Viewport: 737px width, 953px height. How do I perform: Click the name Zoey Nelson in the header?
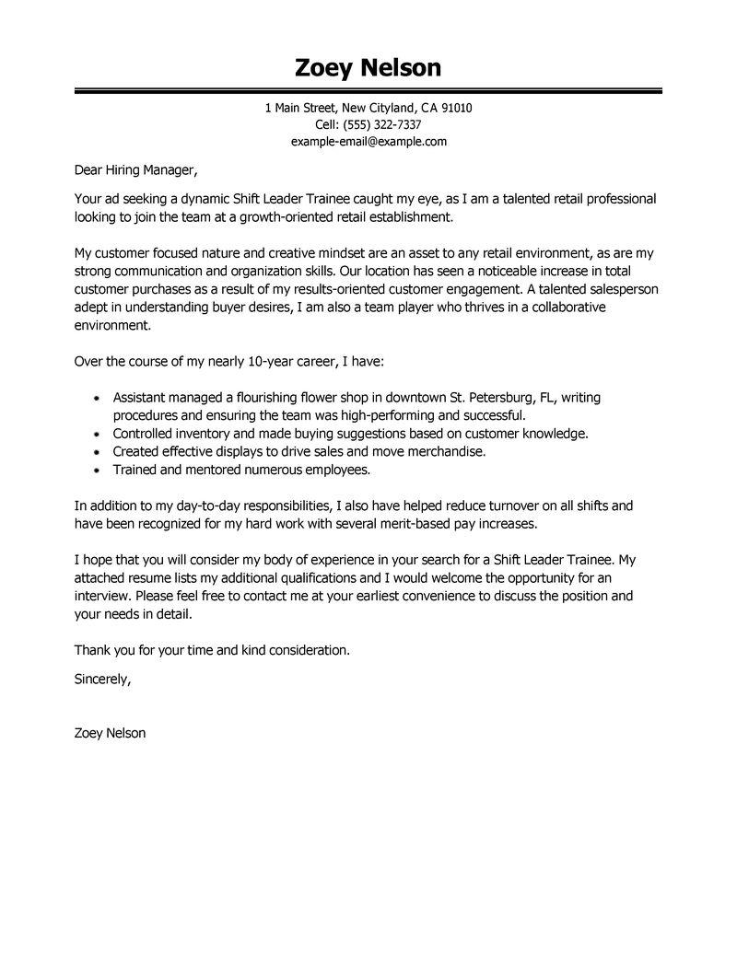pyautogui.click(x=368, y=67)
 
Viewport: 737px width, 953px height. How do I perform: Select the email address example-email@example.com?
pyautogui.click(x=368, y=141)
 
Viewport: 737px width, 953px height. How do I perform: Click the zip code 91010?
pyautogui.click(x=456, y=108)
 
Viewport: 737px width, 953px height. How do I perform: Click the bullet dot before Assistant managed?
pyautogui.click(x=98, y=399)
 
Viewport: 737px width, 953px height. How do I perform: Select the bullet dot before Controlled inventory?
pyautogui.click(x=98, y=434)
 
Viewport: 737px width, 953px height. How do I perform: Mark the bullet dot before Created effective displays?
pyautogui.click(x=98, y=452)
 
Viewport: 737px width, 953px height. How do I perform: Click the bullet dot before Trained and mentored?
pyautogui.click(x=98, y=471)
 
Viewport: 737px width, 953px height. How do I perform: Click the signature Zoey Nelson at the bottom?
pyautogui.click(x=110, y=733)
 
